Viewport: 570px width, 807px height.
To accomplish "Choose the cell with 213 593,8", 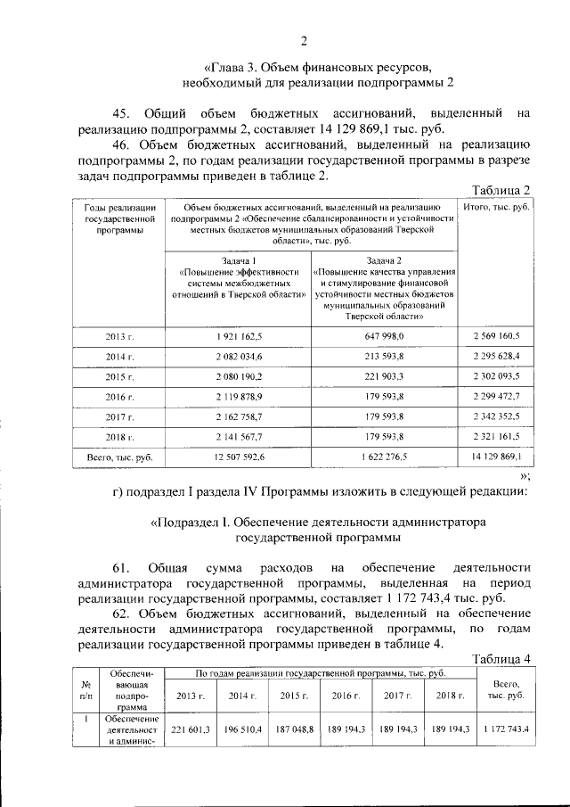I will [385, 357].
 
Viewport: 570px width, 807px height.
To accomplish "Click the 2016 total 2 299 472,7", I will [495, 396].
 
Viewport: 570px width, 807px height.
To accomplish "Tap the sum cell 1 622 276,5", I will [385, 457].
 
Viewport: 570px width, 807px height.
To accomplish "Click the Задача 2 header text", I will [385, 259].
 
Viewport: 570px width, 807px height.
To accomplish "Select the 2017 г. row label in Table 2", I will [119, 417].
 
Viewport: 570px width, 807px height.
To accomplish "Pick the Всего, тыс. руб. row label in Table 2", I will [119, 457].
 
